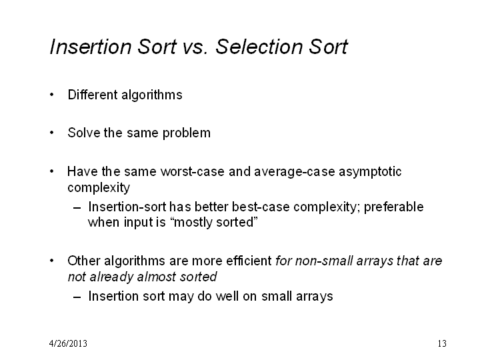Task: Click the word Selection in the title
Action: (259, 47)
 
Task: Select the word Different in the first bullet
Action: (93, 95)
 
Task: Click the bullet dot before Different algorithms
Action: (52, 95)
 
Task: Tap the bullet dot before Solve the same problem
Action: (52, 133)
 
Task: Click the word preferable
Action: (394, 207)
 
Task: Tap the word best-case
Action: (261, 207)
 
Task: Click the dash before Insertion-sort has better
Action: (77, 208)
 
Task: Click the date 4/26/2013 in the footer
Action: (68, 343)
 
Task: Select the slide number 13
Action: (442, 343)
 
